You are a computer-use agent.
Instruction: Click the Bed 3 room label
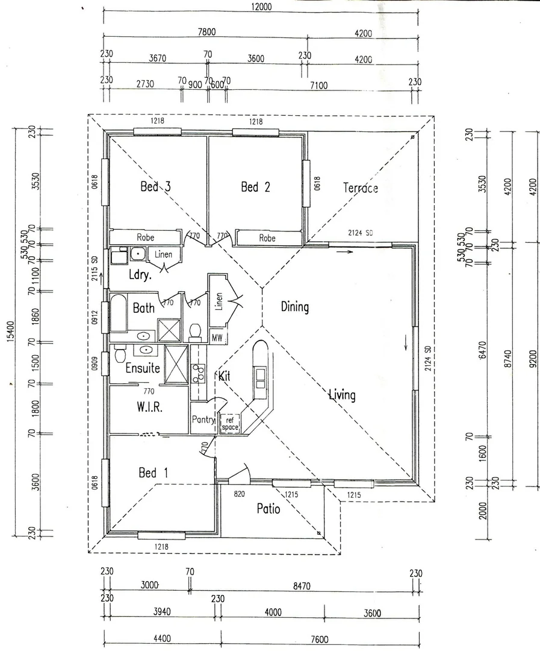pyautogui.click(x=155, y=186)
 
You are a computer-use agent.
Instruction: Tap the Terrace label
pyautogui.click(x=361, y=188)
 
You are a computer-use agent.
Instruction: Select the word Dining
pyautogui.click(x=295, y=307)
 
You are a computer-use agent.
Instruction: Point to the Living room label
pyautogui.click(x=342, y=394)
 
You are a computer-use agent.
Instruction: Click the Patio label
pyautogui.click(x=268, y=509)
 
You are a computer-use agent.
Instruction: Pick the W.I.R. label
pyautogui.click(x=149, y=407)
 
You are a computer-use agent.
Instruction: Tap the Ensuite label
pyautogui.click(x=143, y=368)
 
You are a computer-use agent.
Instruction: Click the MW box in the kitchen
pyautogui.click(x=217, y=338)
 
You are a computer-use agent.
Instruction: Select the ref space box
pyautogui.click(x=230, y=424)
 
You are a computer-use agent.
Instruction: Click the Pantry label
pyautogui.click(x=203, y=420)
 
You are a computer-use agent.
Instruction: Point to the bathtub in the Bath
pyautogui.click(x=118, y=313)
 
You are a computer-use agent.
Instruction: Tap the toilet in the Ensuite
pyautogui.click(x=120, y=354)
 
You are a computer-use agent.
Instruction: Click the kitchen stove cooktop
pyautogui.click(x=198, y=373)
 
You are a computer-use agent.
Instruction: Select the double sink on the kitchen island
pyautogui.click(x=261, y=378)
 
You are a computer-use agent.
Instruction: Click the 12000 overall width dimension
pyautogui.click(x=261, y=7)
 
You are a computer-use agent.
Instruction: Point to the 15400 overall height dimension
pyautogui.click(x=11, y=332)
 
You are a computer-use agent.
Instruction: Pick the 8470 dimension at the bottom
pyautogui.click(x=302, y=587)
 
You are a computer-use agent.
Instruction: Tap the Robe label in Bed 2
pyautogui.click(x=267, y=238)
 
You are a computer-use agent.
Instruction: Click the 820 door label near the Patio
pyautogui.click(x=240, y=494)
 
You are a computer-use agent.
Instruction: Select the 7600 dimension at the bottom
pyautogui.click(x=319, y=640)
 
